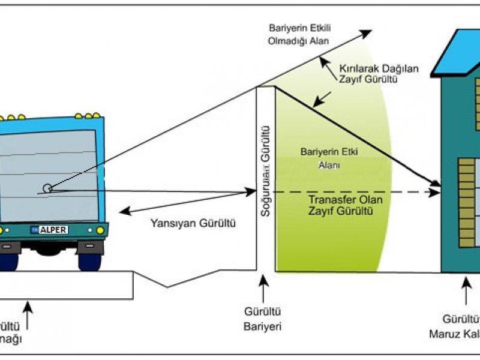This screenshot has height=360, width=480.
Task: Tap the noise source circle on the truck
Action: pyautogui.click(x=47, y=188)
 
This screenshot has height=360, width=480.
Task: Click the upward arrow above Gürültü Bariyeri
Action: pyautogui.click(x=262, y=291)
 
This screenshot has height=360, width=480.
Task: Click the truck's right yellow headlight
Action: pyautogui.click(x=100, y=230)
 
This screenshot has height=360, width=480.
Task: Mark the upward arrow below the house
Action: pyautogui.click(x=466, y=291)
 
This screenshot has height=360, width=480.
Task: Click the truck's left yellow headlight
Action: pyautogui.click(x=1, y=230)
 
